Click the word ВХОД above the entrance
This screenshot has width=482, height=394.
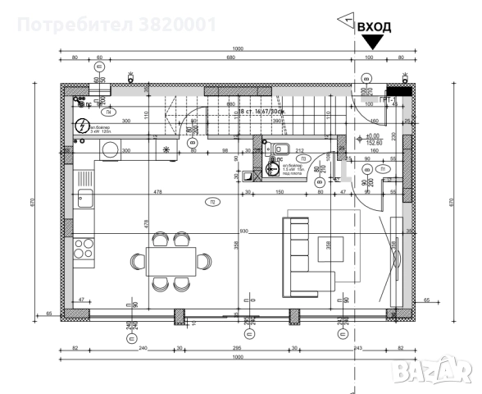tap(374, 26)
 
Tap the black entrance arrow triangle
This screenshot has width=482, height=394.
tap(374, 44)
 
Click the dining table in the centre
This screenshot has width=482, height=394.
tap(171, 261)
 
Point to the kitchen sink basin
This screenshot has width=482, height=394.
tap(84, 198)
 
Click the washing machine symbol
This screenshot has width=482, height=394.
tap(110, 149)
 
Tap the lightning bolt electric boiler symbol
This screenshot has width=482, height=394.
tap(82, 126)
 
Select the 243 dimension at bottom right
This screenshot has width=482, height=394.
tap(357, 348)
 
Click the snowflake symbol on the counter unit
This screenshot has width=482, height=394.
tap(166, 149)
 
